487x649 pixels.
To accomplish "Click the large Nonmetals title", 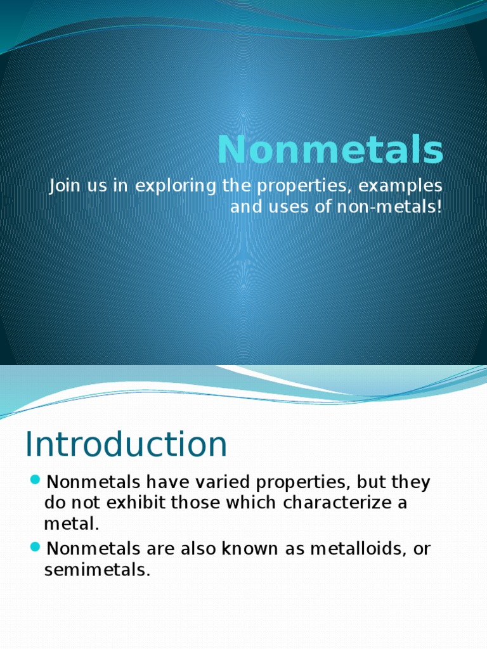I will (330, 150).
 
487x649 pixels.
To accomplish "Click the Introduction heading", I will (126, 444).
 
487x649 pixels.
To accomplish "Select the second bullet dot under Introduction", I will (36, 546).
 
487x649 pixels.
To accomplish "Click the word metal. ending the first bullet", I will (72, 525).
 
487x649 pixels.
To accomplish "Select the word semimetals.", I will (97, 570).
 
